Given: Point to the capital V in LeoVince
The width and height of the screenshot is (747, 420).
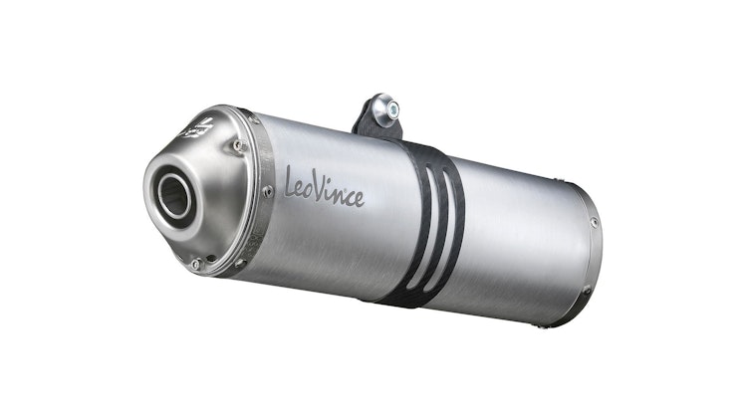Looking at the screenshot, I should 325,187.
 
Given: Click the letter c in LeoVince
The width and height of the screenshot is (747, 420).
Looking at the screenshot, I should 349,195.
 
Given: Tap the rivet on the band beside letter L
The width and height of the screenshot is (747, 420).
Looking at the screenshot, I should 267,190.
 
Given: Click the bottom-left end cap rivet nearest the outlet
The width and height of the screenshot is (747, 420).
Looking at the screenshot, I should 195,264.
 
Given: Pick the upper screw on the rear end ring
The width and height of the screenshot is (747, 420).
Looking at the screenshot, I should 594,222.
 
